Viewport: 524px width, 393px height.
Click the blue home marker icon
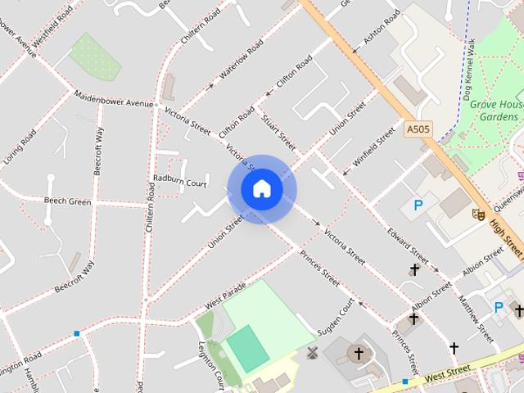(261, 189)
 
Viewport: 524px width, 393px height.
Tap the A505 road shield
(418, 129)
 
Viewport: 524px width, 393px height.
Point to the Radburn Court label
(179, 183)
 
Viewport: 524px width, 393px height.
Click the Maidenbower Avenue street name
(115, 98)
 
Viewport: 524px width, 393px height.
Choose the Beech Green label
(67, 201)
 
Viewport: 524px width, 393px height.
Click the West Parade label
(225, 298)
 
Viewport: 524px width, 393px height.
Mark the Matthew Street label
(476, 318)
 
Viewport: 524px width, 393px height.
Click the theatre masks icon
(478, 215)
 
